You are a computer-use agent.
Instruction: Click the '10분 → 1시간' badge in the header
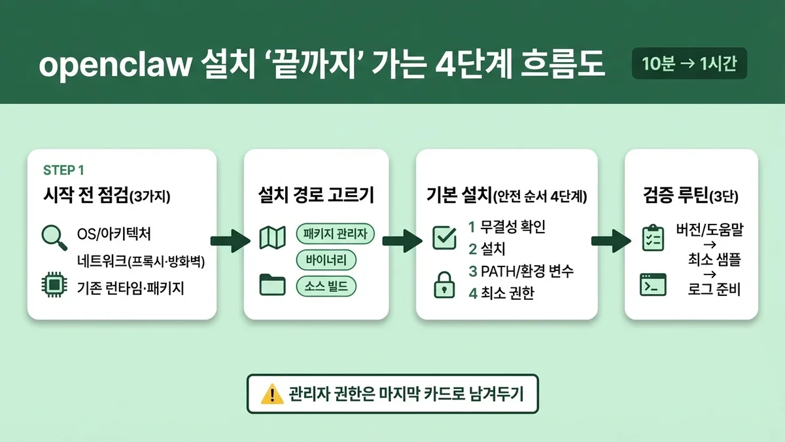pyautogui.click(x=689, y=65)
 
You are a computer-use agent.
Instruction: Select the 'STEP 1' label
pyautogui.click(x=63, y=170)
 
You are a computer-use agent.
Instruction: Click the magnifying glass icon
pyautogui.click(x=54, y=236)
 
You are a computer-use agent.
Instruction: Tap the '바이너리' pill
pyautogui.click(x=326, y=260)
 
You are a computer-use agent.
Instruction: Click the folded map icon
pyautogui.click(x=272, y=238)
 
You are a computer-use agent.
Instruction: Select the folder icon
pyautogui.click(x=272, y=284)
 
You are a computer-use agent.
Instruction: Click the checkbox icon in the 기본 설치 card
pyautogui.click(x=445, y=238)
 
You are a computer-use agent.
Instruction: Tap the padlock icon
pyautogui.click(x=445, y=285)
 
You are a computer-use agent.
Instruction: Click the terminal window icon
pyautogui.click(x=653, y=285)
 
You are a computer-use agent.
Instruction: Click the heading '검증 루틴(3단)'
pyautogui.click(x=691, y=194)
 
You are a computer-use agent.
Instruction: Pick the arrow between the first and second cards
pyautogui.click(x=230, y=240)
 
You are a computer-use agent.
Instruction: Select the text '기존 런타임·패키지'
pyautogui.click(x=130, y=287)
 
